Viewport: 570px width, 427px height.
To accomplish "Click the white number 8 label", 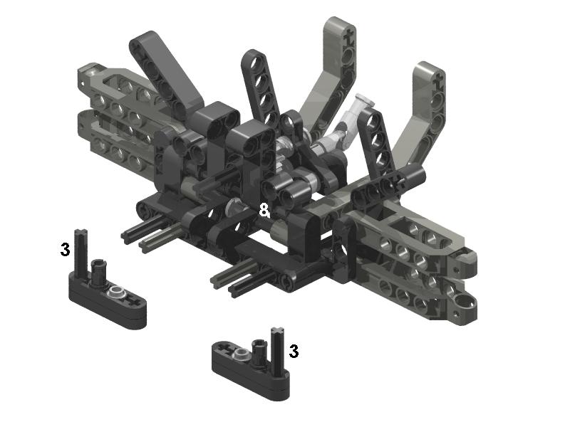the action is (x=264, y=210).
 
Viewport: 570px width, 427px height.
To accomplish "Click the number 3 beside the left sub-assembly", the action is (x=65, y=250).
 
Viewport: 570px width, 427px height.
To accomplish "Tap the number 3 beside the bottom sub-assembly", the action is (x=294, y=351).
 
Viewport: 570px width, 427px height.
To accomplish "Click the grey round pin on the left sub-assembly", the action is (x=117, y=290).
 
